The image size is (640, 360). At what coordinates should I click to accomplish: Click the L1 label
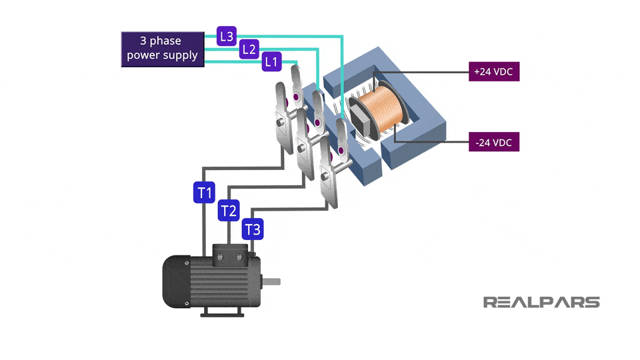pos(271,61)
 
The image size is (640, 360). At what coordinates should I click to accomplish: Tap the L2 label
pos(249,49)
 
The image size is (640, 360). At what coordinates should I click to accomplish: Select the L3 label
pos(227,36)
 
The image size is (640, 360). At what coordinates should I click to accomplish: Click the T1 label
pos(204,193)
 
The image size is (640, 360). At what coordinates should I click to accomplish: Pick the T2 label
pos(229,211)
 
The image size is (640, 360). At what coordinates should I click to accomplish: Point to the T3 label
pos(253,229)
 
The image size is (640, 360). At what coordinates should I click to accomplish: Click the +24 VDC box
pos(494,71)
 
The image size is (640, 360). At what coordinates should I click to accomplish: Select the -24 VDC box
pos(494,142)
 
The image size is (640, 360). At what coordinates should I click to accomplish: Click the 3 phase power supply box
pos(163,49)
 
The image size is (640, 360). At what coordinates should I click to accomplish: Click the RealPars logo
pos(541,302)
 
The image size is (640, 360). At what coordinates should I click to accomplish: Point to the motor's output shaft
pos(271,281)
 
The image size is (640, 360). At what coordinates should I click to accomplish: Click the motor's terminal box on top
pos(230,255)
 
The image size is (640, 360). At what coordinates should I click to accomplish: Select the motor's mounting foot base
pos(223,313)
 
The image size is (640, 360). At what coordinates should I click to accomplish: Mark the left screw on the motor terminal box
pos(220,257)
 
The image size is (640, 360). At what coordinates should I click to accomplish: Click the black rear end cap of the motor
pos(177,281)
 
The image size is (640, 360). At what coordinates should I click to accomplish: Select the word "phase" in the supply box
pos(165,41)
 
